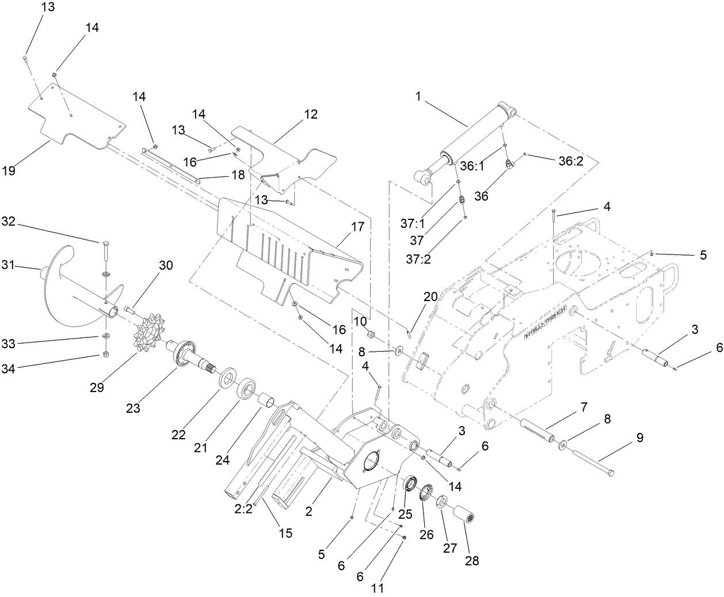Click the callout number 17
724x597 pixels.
pos(358,226)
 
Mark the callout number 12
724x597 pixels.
pos(311,114)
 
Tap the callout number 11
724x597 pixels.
pos(377,588)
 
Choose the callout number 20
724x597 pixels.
pos(430,297)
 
